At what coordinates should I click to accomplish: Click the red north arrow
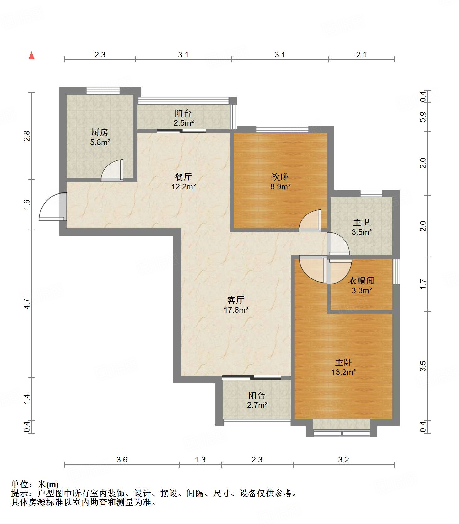31,56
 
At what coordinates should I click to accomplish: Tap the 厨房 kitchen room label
100,132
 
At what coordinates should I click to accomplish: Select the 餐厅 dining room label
183,177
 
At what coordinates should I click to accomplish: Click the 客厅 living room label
236,300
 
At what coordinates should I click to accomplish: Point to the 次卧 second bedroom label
280,177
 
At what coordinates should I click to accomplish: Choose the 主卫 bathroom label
361,222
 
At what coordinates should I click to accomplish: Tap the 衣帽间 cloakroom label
361,280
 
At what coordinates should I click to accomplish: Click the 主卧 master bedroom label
343,363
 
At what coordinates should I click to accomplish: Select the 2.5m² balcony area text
184,123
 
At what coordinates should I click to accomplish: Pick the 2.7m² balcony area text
257,405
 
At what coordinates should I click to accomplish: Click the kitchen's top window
103,90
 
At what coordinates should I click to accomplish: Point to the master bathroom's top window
371,193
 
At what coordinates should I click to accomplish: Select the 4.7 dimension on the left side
27,304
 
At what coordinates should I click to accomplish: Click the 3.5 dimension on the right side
423,366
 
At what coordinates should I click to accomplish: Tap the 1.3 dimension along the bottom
200,460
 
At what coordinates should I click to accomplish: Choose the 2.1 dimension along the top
361,55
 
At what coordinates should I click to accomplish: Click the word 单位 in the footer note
19,484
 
